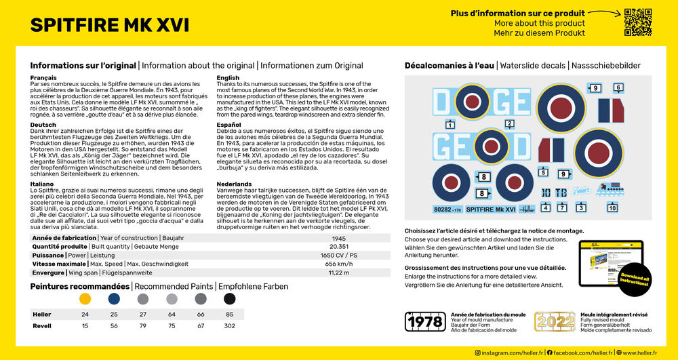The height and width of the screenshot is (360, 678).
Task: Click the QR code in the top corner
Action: coord(637,22)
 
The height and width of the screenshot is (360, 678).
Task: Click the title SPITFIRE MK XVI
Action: coord(110,25)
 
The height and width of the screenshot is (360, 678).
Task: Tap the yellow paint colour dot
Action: coord(85,298)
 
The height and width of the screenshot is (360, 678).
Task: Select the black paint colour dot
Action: coord(230,298)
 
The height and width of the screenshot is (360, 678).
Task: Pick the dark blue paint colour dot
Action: coord(114,298)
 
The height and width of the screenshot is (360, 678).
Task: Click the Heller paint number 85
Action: coord(230,315)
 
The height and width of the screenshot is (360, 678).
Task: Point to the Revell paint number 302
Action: coord(230,326)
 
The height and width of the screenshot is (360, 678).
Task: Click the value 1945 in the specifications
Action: coord(340,239)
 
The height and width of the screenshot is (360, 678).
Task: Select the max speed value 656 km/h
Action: coord(340,264)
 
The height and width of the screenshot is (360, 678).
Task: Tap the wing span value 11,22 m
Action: coord(340,273)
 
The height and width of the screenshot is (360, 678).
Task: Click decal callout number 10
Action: coord(612,208)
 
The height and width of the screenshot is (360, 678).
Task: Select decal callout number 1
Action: coord(450,125)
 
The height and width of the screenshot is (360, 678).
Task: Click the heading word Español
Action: coord(228,125)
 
